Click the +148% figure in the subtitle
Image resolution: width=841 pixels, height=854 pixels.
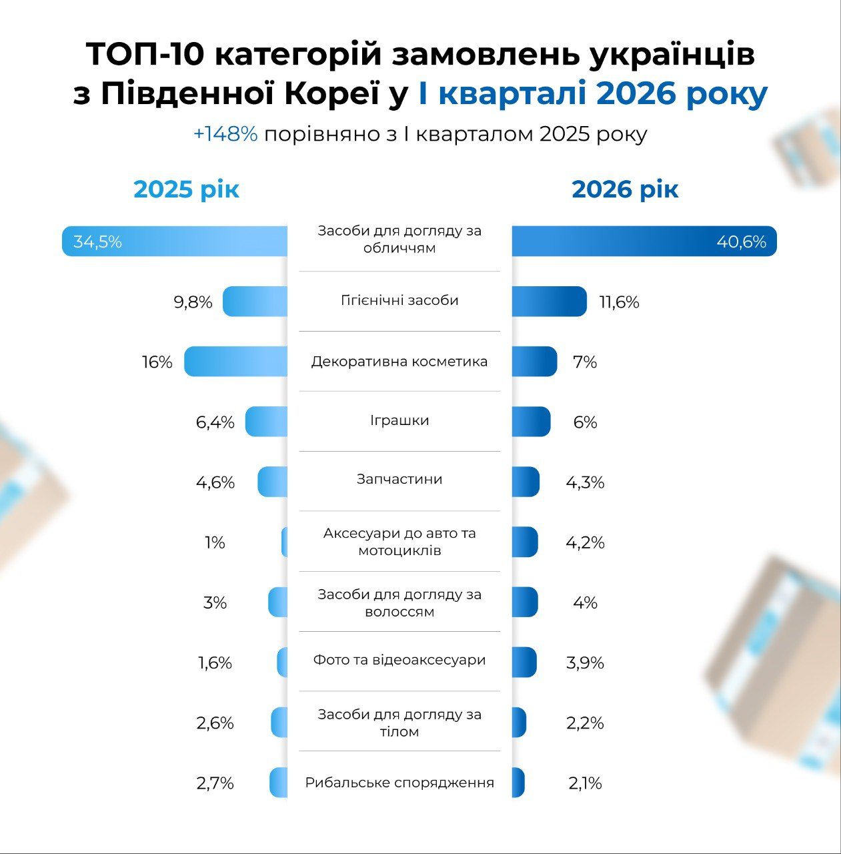tap(225, 134)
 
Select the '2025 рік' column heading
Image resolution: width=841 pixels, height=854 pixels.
tap(186, 189)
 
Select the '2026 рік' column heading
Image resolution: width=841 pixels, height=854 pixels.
tap(625, 189)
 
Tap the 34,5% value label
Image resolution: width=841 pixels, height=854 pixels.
tap(97, 242)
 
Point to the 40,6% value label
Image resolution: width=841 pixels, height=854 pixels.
tap(741, 242)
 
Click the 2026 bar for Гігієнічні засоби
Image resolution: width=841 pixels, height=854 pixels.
tap(549, 302)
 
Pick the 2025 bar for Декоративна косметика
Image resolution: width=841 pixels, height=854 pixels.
tap(236, 362)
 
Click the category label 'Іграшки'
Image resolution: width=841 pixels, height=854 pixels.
tap(399, 420)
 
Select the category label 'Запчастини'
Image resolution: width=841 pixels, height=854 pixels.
tap(399, 479)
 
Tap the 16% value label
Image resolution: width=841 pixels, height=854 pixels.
tap(157, 362)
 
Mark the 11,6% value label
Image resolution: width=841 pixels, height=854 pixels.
tap(619, 302)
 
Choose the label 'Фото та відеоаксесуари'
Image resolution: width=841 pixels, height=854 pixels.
tap(399, 660)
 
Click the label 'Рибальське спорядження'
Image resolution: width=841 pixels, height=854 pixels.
tap(399, 783)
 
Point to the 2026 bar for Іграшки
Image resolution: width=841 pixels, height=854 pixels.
tap(531, 422)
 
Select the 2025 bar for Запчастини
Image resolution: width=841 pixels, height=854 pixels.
tap(273, 482)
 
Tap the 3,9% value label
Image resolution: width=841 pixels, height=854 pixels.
tap(585, 663)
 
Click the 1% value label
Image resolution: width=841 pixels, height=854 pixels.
tap(215, 542)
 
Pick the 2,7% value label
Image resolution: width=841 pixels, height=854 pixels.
tap(215, 783)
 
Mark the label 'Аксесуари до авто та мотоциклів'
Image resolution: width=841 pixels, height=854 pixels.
tap(399, 542)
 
